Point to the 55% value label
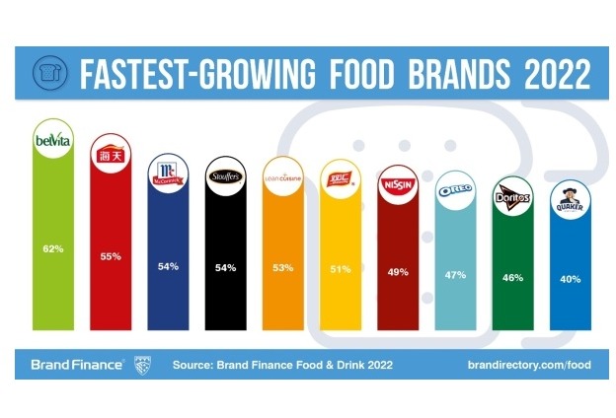tap(110, 256)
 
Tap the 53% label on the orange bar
tap(281, 266)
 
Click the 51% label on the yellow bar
tap(340, 266)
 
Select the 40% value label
tap(570, 282)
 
